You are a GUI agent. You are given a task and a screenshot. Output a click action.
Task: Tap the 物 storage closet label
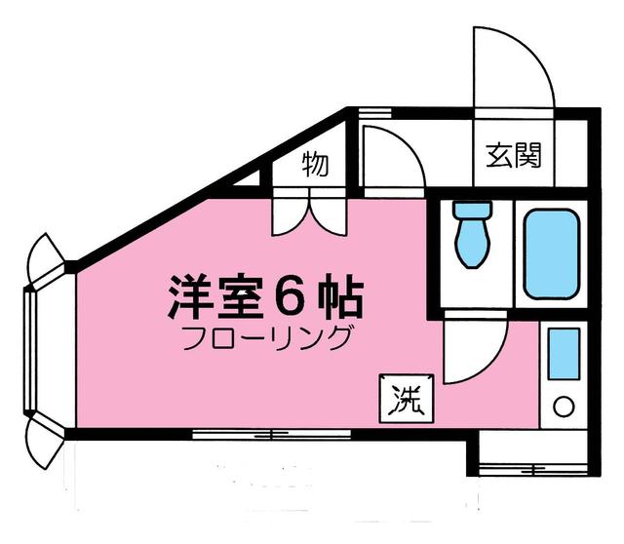[314, 164]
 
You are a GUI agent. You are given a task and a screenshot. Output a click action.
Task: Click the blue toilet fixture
[474, 234]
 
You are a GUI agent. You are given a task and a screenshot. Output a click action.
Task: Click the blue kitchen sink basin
[564, 354]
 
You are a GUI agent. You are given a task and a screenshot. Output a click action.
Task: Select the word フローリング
[266, 341]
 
